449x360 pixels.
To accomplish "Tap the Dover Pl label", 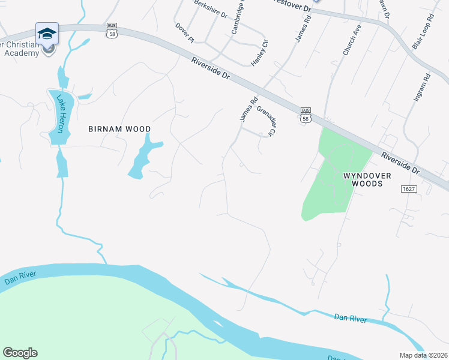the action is [185, 33].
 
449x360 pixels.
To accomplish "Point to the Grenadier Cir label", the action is [265, 121].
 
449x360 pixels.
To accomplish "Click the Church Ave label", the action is [352, 40].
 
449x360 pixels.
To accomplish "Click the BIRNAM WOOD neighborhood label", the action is [119, 129].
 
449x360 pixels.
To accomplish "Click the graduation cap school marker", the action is [46, 34].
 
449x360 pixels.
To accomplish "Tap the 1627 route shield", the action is [409, 189].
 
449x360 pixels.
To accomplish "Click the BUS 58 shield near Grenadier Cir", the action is [306, 115].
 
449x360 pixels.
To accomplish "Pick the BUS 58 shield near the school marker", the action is [111, 30].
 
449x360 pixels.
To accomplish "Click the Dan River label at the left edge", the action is [20, 278].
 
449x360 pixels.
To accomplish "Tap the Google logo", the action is [20, 353].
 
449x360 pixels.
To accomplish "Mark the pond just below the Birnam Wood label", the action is [142, 157].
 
